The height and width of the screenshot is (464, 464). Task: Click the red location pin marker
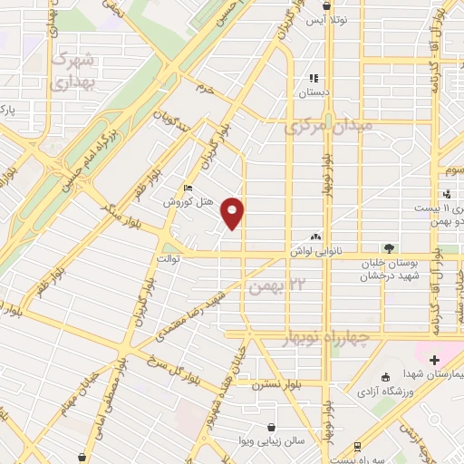(234, 213)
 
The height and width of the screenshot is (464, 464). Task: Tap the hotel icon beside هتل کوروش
(188, 188)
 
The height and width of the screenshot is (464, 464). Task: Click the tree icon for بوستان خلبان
(389, 247)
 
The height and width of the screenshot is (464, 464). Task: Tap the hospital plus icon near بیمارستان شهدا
(435, 361)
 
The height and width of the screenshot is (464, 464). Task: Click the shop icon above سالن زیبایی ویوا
(272, 426)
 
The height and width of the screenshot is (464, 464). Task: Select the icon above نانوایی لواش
(314, 235)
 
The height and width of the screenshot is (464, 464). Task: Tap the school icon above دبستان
(314, 78)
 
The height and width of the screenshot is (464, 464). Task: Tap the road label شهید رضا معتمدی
(190, 317)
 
